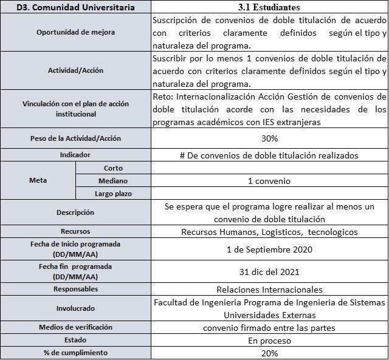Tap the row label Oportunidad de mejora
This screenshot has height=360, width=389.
(x=75, y=32)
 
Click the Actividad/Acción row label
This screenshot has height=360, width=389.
(x=75, y=70)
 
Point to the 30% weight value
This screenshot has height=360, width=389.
(x=269, y=138)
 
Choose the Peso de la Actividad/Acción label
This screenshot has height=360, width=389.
(x=75, y=138)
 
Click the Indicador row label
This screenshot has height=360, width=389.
(x=75, y=155)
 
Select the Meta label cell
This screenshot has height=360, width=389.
(x=38, y=180)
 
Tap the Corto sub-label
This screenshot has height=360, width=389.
(x=113, y=168)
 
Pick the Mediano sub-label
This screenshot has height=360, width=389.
(x=113, y=181)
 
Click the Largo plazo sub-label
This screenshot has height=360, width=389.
(x=113, y=194)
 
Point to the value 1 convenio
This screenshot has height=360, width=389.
(x=269, y=181)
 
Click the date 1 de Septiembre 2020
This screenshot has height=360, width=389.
(x=269, y=248)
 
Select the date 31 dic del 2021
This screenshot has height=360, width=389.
(x=269, y=271)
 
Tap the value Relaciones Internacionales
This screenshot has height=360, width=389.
(x=269, y=290)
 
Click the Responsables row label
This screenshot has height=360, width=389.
(x=75, y=290)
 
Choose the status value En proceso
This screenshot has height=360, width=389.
(x=269, y=341)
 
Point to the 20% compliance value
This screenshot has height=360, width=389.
(x=269, y=353)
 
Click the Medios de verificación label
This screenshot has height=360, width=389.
(x=75, y=328)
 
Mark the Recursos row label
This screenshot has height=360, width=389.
(x=75, y=231)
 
